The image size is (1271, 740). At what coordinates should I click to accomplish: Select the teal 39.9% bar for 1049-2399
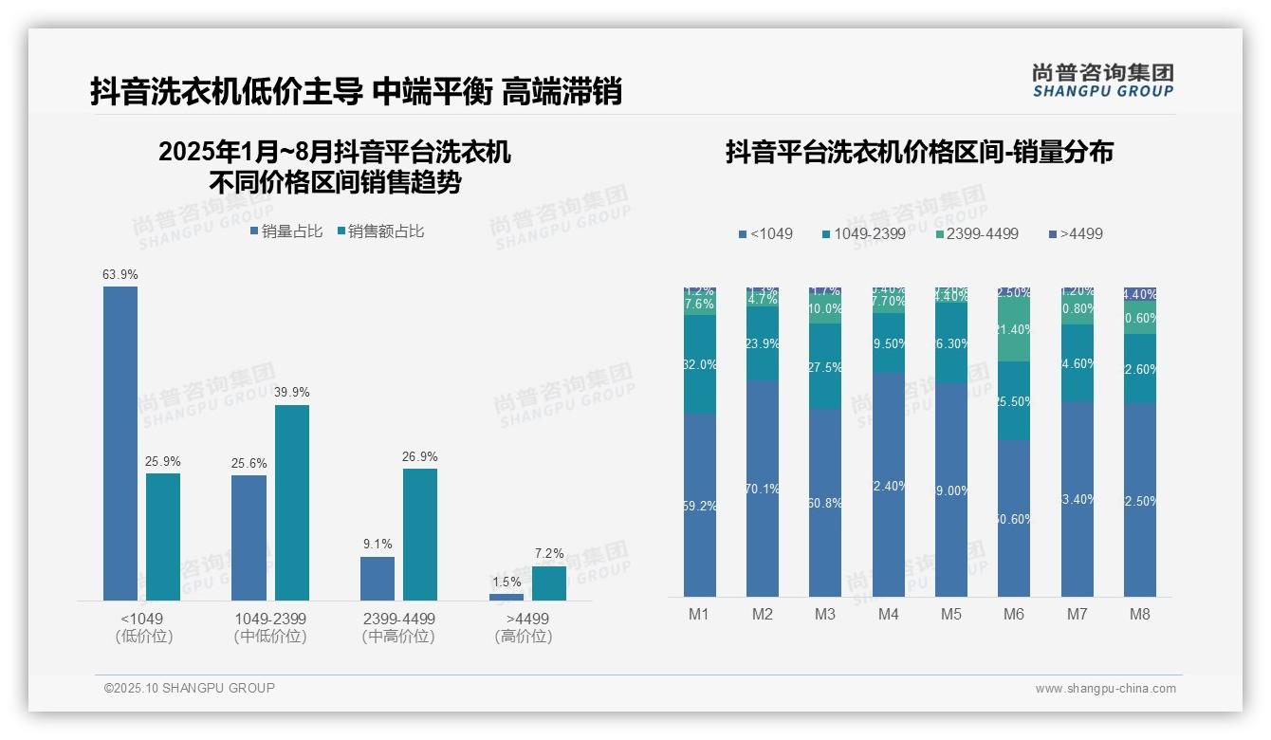(x=292, y=503)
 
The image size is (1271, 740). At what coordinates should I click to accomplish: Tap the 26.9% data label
(x=420, y=456)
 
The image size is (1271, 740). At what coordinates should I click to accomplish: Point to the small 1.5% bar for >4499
(x=507, y=597)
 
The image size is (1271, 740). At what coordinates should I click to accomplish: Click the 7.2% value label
(x=549, y=553)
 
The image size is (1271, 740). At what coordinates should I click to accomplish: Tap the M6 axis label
(x=1014, y=614)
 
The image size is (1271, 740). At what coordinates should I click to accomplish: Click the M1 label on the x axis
(x=699, y=614)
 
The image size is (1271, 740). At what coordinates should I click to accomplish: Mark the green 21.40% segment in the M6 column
(x=1014, y=330)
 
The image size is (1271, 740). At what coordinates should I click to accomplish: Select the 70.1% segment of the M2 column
(x=763, y=489)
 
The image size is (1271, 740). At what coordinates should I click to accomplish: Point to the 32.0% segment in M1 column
(x=700, y=364)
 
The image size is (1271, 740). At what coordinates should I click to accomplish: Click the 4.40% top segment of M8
(x=1140, y=294)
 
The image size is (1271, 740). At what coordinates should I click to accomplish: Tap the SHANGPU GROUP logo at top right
(x=1102, y=81)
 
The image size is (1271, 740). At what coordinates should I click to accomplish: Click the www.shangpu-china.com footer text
(x=1105, y=689)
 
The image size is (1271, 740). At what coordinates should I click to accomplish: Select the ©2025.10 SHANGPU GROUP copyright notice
(x=189, y=688)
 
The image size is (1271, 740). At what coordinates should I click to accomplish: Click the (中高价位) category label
(x=398, y=637)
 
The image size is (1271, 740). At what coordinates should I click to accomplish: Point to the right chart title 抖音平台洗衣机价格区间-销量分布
(x=919, y=152)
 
